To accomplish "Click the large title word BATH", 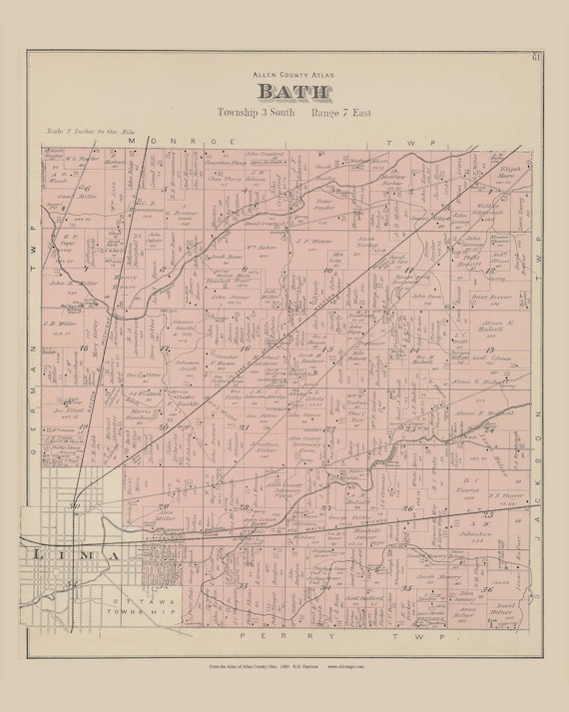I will pyautogui.click(x=284, y=92).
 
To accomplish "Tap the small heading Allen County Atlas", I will pyautogui.click(x=284, y=74).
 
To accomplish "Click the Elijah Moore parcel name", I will pyautogui.click(x=510, y=173).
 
